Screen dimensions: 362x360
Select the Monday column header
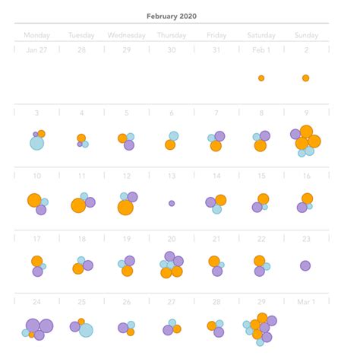click(x=36, y=35)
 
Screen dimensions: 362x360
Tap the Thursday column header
click(x=171, y=35)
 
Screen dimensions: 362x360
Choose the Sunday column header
click(x=305, y=35)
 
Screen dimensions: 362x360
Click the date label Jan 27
click(x=36, y=50)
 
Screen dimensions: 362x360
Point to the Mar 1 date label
click(x=305, y=301)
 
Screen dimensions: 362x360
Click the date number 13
click(x=172, y=176)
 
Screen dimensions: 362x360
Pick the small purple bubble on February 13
click(x=172, y=203)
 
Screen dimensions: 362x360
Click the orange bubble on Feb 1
click(x=261, y=78)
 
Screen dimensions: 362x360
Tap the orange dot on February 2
click(x=305, y=78)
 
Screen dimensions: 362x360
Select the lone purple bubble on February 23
click(x=305, y=265)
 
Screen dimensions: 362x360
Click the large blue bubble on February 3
click(x=36, y=143)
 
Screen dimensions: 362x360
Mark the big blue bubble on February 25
click(x=86, y=330)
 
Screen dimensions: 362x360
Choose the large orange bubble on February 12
click(x=125, y=208)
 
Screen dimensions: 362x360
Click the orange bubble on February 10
click(x=34, y=201)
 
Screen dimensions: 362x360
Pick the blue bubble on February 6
click(x=174, y=136)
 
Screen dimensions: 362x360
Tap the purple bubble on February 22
click(x=260, y=271)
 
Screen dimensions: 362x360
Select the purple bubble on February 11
click(x=90, y=202)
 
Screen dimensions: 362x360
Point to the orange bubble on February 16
click(x=308, y=198)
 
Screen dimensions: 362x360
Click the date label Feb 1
click(x=261, y=50)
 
